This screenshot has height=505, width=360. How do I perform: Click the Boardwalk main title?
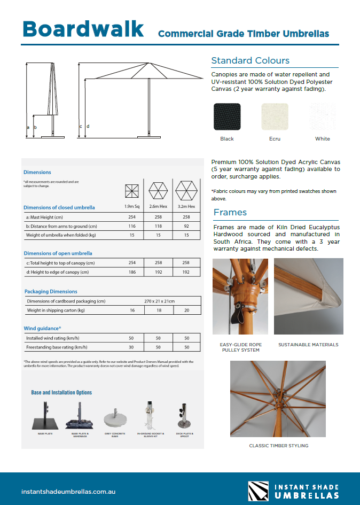(x=83, y=29)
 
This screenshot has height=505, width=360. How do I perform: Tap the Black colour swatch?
(x=227, y=116)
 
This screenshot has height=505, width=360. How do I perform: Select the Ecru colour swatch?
(x=275, y=116)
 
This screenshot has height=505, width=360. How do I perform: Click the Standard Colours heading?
(x=251, y=60)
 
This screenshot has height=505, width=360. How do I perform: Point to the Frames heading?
(x=230, y=212)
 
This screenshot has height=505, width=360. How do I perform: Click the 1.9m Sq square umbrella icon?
(x=132, y=191)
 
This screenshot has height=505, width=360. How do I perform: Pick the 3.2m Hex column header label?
(x=186, y=206)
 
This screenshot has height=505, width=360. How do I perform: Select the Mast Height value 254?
(x=132, y=217)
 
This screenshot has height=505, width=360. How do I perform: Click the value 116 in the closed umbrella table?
(x=132, y=226)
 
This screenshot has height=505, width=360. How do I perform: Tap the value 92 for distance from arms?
(x=186, y=226)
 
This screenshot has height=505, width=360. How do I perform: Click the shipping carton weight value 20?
(x=186, y=310)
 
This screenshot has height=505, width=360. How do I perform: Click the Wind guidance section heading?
(x=43, y=328)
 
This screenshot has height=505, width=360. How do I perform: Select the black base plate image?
(x=45, y=417)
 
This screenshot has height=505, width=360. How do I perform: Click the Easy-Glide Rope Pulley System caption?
(x=240, y=347)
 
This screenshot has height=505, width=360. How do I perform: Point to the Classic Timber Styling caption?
(x=278, y=446)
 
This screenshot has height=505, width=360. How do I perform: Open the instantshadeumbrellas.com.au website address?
(x=68, y=491)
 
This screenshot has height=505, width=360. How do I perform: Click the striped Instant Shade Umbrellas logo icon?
(x=259, y=491)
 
